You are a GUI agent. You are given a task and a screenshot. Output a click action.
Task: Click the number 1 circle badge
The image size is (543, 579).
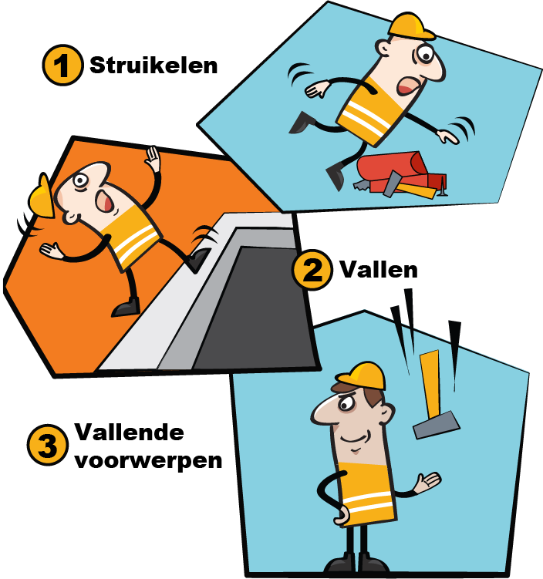click(62, 65)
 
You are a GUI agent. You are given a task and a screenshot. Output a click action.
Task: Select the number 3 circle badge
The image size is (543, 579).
click(48, 445)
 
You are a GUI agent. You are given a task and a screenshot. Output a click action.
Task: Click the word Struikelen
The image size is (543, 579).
click(153, 66)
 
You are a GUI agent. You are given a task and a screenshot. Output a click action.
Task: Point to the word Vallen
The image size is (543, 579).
click(379, 270)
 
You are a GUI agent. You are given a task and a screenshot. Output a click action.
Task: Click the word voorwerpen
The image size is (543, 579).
click(148, 462)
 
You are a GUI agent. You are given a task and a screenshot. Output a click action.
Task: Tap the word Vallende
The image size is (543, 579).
click(130, 432)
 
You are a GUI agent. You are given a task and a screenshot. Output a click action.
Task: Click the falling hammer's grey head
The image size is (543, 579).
click(437, 425)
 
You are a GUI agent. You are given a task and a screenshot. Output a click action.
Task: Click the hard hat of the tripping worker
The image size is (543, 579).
click(411, 26)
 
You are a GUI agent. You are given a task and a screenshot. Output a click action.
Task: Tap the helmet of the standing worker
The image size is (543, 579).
click(362, 375)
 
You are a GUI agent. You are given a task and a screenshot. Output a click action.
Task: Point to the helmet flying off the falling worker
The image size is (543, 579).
click(42, 196)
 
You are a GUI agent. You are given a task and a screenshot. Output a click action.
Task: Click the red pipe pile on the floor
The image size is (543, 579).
click(401, 172)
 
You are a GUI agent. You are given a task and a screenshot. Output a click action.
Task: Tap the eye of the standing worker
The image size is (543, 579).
click(346, 405)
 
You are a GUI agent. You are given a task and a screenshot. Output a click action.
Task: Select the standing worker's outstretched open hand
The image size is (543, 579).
click(427, 482)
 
